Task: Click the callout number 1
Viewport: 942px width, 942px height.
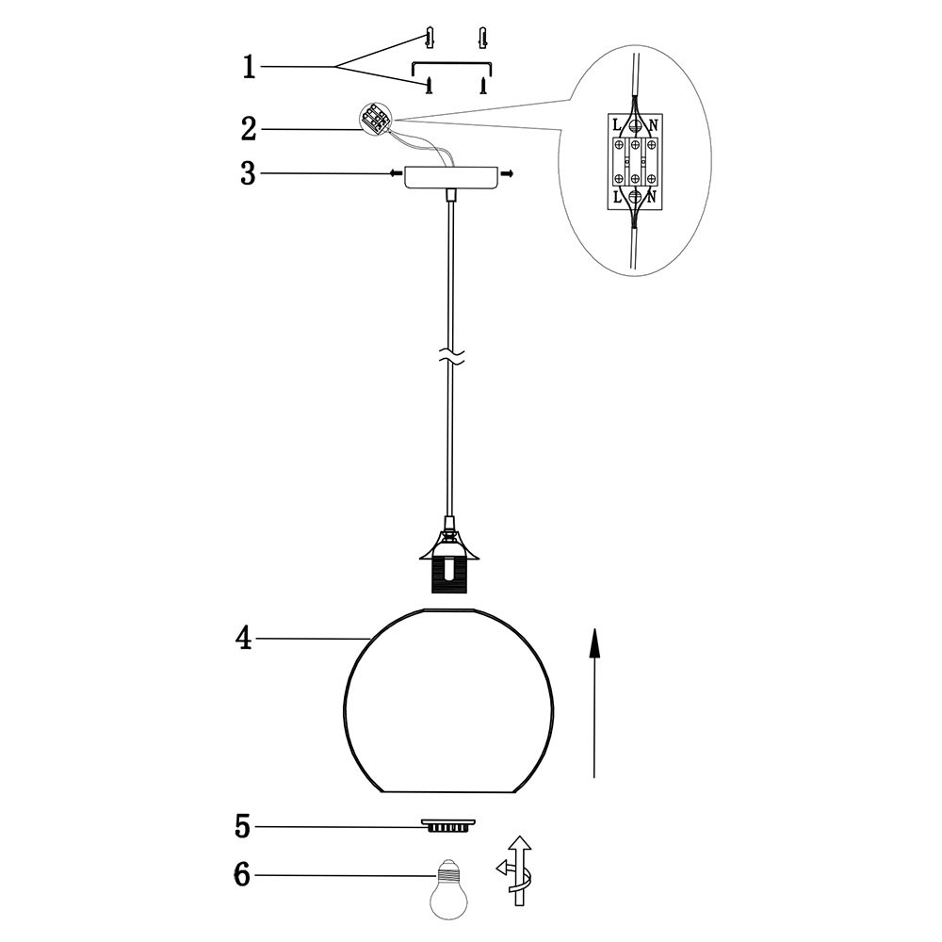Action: click(x=249, y=67)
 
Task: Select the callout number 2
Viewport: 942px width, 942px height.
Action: click(x=249, y=128)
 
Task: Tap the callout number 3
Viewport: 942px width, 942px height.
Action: click(x=248, y=173)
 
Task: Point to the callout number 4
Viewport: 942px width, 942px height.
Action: click(x=243, y=639)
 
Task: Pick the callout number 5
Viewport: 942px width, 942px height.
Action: click(x=242, y=827)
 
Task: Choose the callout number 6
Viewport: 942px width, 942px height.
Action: click(x=241, y=875)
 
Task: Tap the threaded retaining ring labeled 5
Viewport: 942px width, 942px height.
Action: click(x=447, y=825)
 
